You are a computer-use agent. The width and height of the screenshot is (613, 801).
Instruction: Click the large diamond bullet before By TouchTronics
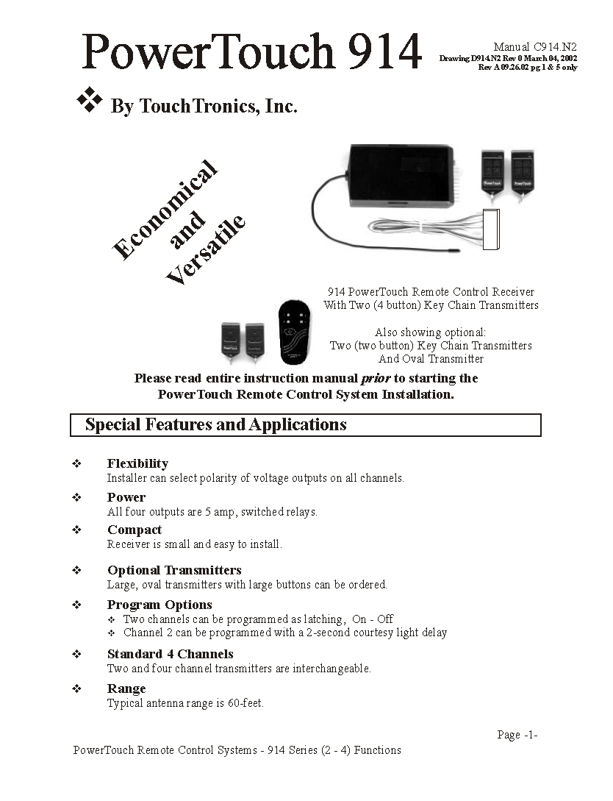click(90, 101)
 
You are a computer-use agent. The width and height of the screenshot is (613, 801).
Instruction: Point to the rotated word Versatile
click(206, 252)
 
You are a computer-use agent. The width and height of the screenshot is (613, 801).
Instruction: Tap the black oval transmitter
click(297, 332)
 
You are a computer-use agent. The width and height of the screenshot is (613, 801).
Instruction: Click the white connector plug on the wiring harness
click(491, 230)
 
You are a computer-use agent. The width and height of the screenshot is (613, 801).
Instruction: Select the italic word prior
click(376, 378)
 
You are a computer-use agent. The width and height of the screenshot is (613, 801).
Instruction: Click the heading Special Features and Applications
click(215, 425)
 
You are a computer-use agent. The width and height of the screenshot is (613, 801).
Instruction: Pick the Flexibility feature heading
click(137, 463)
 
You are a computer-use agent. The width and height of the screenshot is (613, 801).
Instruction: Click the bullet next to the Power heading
click(76, 497)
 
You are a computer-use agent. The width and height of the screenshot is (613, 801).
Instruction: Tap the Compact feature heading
click(135, 530)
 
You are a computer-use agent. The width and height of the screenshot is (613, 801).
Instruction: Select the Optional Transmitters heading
click(174, 570)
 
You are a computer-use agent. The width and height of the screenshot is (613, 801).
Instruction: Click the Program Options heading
click(159, 605)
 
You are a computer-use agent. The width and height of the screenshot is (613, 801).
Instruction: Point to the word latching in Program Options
click(324, 619)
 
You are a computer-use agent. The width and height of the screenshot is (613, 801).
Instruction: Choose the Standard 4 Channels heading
click(171, 654)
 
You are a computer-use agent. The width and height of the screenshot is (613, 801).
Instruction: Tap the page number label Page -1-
click(517, 735)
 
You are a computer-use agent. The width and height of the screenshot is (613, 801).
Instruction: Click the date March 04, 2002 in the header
click(548, 58)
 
